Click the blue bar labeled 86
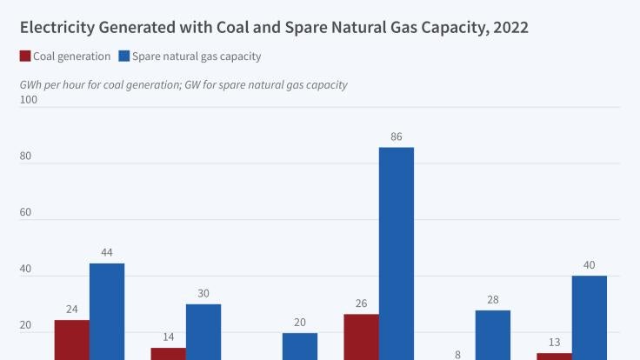(396, 252)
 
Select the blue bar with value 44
(106, 310)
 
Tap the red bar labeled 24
(71, 339)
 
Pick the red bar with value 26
(361, 337)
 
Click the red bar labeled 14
(168, 353)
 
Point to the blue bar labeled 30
(203, 331)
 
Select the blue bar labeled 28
(492, 334)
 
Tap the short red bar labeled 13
(554, 356)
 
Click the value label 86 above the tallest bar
(397, 137)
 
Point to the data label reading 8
(457, 355)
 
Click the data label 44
(107, 252)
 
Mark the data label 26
(361, 303)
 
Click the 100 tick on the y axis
(29, 100)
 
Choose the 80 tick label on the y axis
(26, 157)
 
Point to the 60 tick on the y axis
(26, 212)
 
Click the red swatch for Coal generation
(25, 57)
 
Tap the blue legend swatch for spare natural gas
(124, 57)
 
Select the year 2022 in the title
(508, 28)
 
